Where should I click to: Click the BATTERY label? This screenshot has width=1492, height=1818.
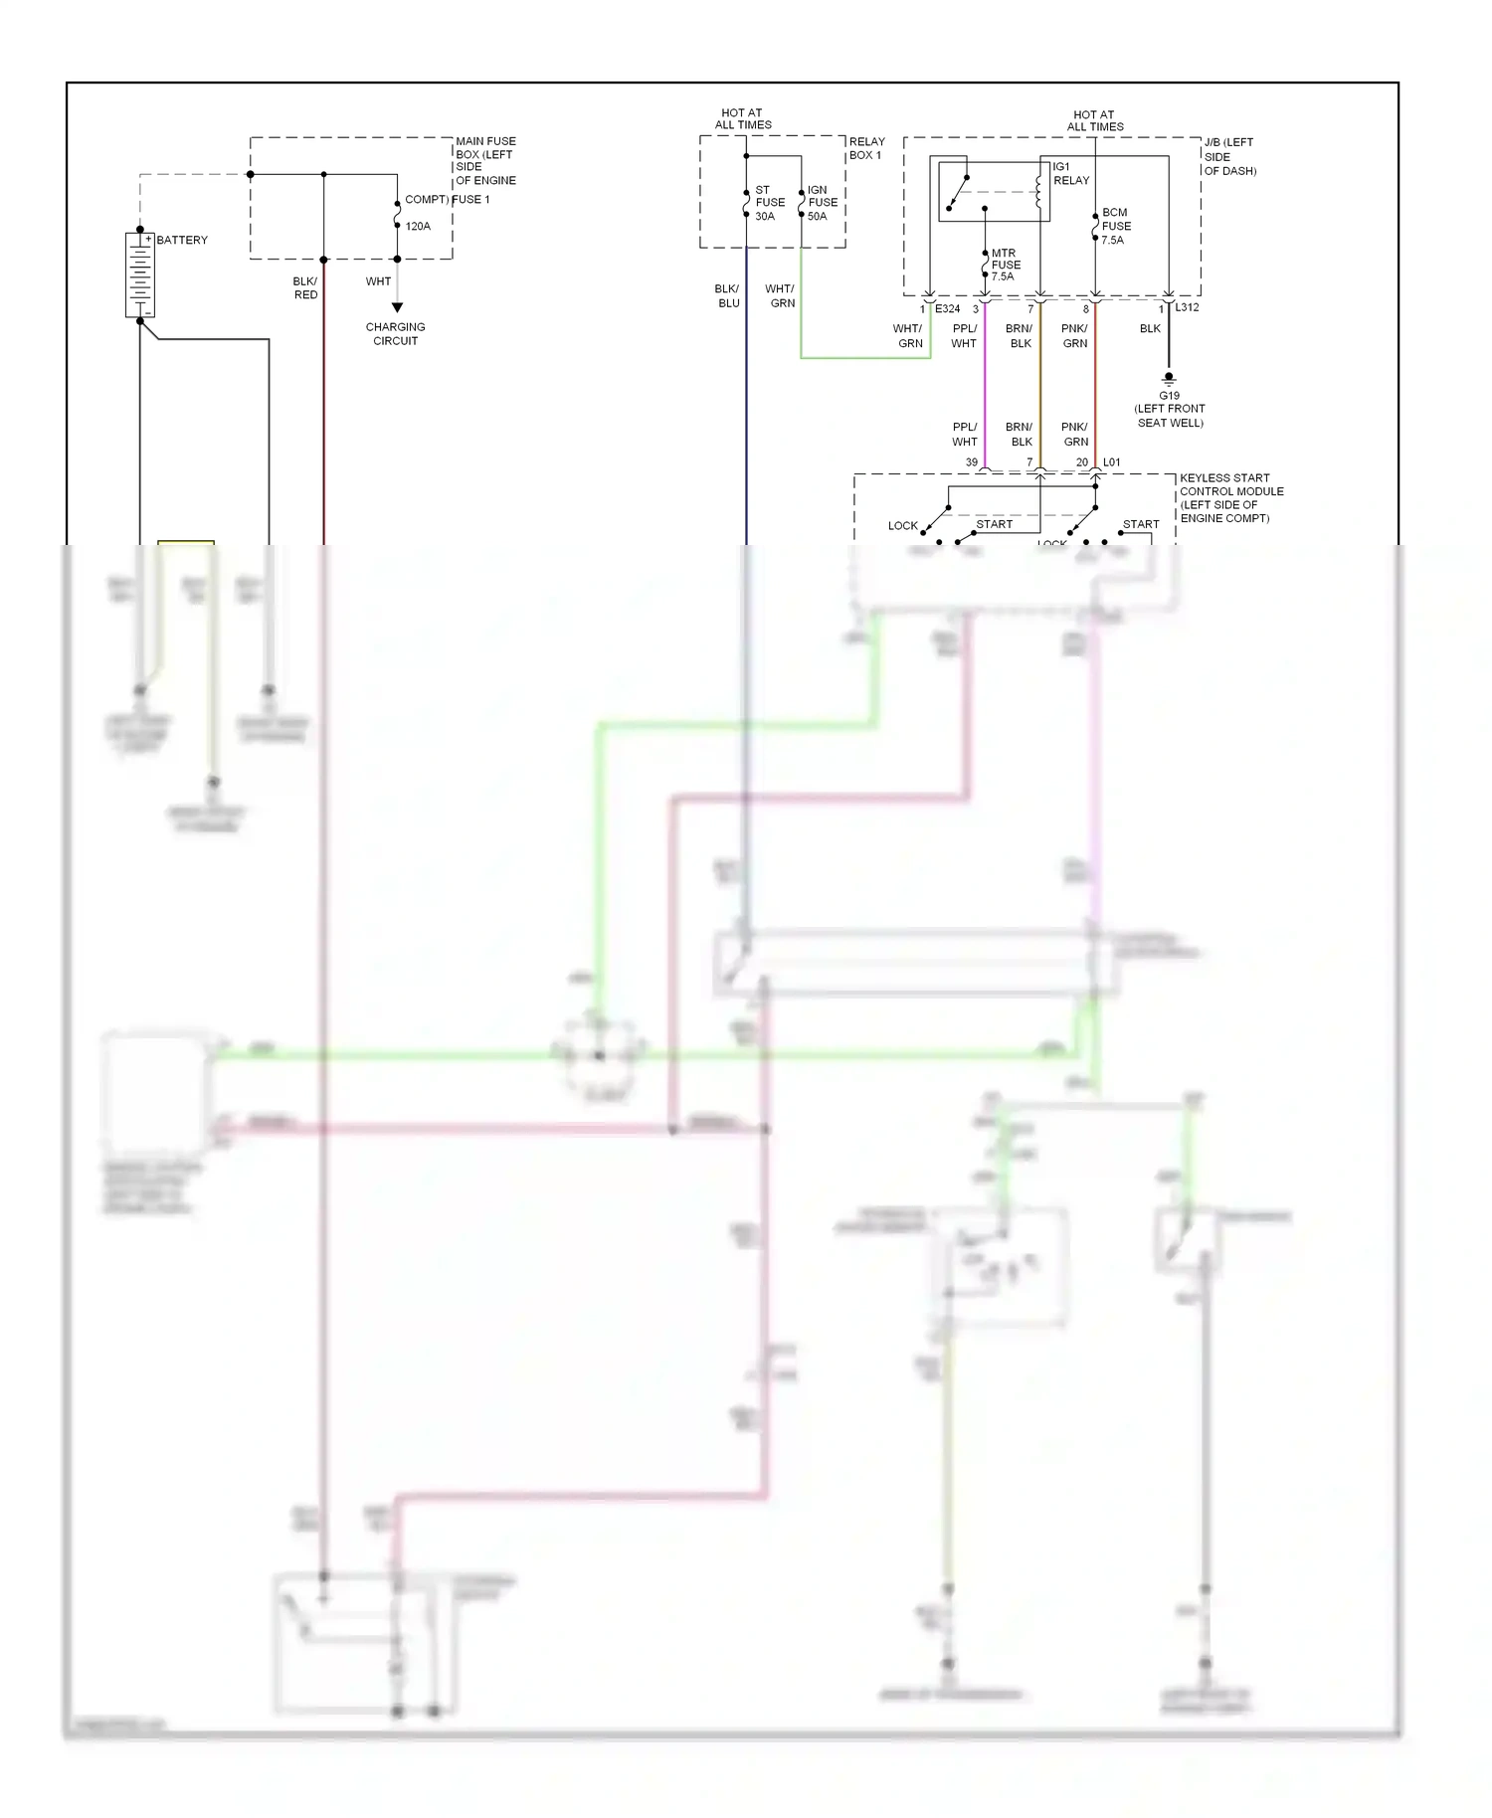point(182,240)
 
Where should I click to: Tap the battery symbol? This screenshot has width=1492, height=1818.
point(140,274)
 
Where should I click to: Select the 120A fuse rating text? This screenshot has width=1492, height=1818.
point(418,227)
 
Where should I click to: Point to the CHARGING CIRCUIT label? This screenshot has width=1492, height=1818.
point(395,334)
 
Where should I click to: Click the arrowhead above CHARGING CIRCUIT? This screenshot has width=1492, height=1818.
point(397,307)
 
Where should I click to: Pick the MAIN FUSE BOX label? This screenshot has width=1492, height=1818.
point(485,160)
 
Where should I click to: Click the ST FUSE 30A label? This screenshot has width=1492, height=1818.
point(769,203)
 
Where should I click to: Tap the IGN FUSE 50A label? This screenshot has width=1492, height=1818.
point(822,203)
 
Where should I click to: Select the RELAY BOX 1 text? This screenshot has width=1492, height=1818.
point(866,148)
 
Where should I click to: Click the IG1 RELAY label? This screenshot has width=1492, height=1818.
point(1070,174)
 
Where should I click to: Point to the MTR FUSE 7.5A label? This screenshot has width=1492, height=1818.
point(1005,265)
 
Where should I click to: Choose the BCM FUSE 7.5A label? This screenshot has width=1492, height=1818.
point(1115,226)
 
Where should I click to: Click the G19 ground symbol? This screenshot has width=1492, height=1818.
point(1169,379)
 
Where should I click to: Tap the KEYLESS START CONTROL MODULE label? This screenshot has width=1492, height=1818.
point(1230,498)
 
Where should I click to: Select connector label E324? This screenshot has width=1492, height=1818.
point(947,309)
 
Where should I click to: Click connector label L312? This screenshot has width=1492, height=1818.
point(1187,307)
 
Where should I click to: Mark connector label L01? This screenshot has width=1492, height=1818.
point(1111,462)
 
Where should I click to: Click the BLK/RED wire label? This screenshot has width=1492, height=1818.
point(305,288)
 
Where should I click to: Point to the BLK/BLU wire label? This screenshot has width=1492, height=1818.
point(727,296)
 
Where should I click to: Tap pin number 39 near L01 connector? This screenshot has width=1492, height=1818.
point(972,462)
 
